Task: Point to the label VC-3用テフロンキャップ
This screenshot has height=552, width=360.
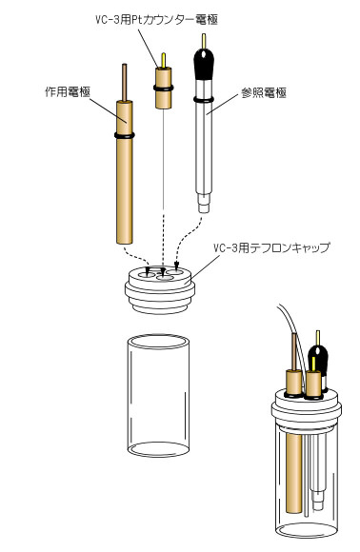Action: click(268, 246)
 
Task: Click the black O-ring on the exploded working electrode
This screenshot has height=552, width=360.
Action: click(124, 136)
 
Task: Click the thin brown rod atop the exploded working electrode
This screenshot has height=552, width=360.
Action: click(123, 80)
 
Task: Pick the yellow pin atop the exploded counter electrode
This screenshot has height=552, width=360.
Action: click(163, 60)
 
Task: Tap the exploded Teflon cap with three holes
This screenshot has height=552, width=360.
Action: click(161, 287)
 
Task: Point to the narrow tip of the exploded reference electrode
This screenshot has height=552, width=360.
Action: click(202, 206)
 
